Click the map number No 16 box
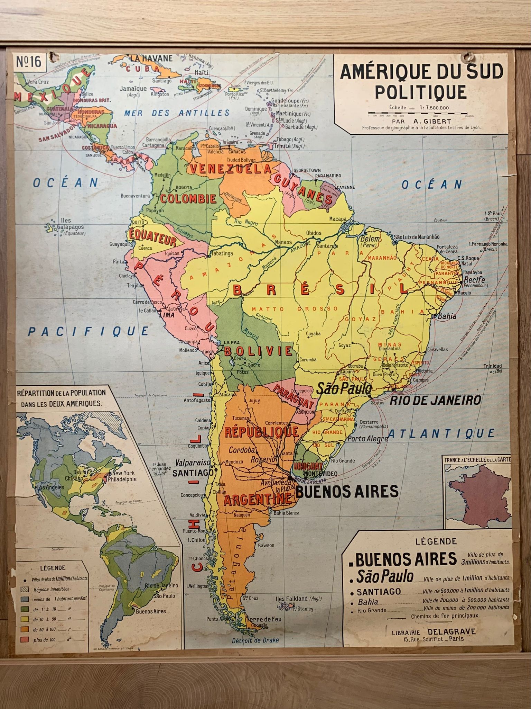[29, 62]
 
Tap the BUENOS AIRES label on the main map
[347, 491]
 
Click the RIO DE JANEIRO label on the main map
[436, 400]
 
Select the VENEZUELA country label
[230, 169]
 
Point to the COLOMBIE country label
[188, 199]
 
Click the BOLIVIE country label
[259, 351]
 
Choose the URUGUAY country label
[308, 466]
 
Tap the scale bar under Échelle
[418, 113]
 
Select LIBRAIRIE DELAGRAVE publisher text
[434, 632]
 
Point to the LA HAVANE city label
[151, 58]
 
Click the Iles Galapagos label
[66, 224]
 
